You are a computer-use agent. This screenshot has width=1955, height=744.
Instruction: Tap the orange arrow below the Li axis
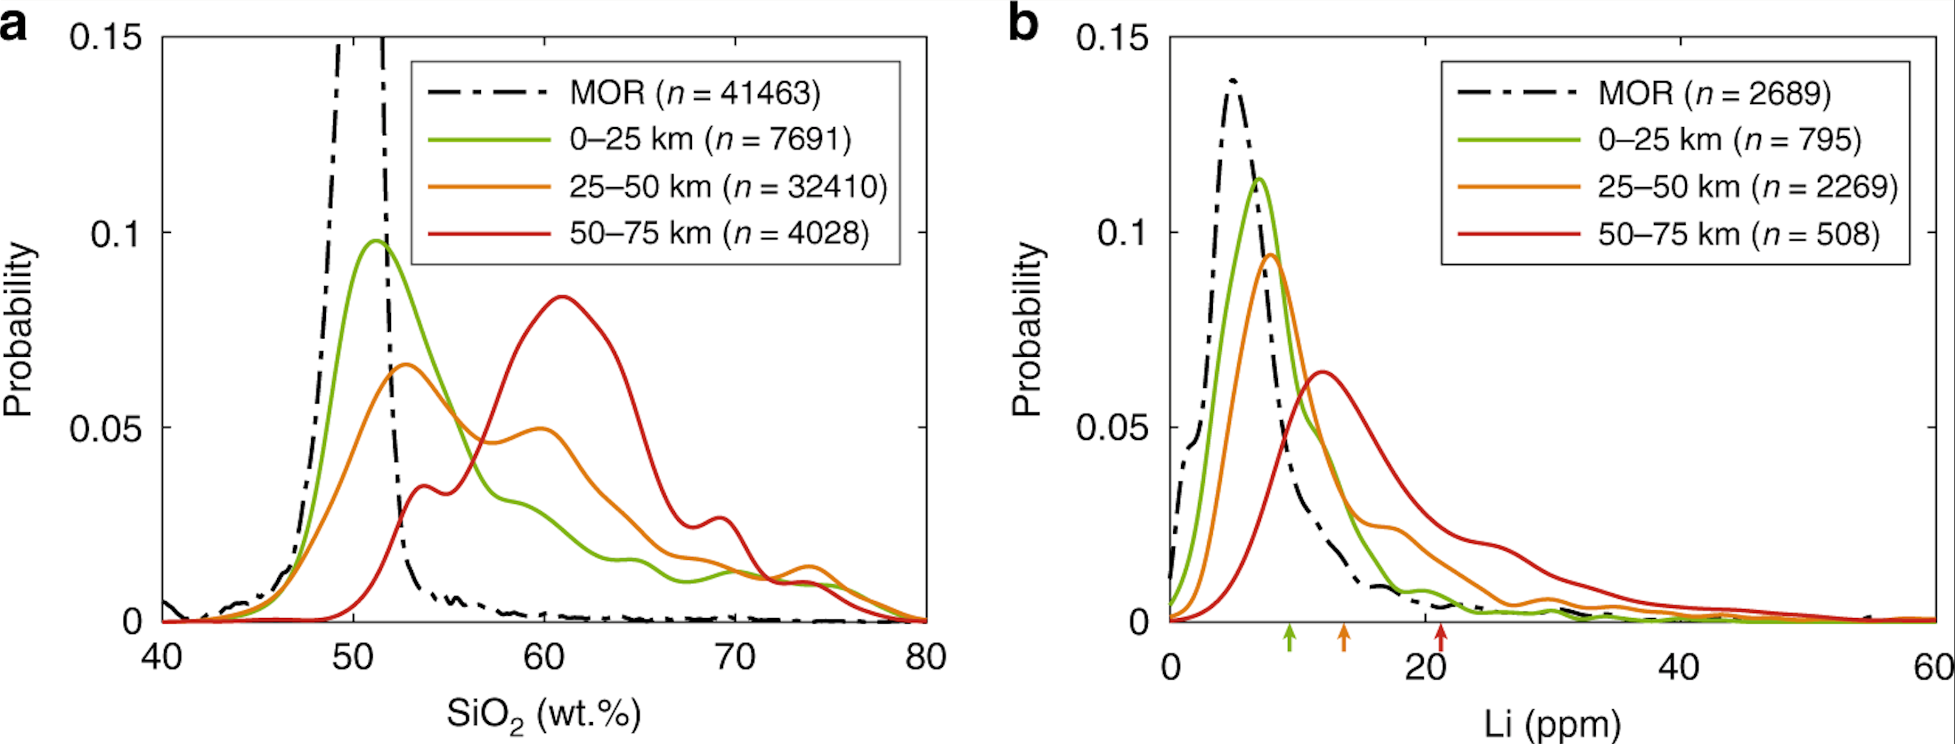coord(1343,636)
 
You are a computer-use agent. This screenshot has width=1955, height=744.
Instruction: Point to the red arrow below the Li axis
coord(1441,636)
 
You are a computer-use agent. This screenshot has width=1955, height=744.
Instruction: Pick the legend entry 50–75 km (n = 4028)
coord(719,233)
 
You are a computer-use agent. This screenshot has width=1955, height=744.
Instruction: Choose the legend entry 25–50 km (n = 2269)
coord(1747,187)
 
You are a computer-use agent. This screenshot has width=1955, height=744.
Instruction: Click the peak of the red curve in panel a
coord(562,297)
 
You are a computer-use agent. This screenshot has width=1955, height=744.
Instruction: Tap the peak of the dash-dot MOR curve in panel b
coord(1233,80)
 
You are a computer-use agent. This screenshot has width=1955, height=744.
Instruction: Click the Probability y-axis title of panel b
coord(1026,329)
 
